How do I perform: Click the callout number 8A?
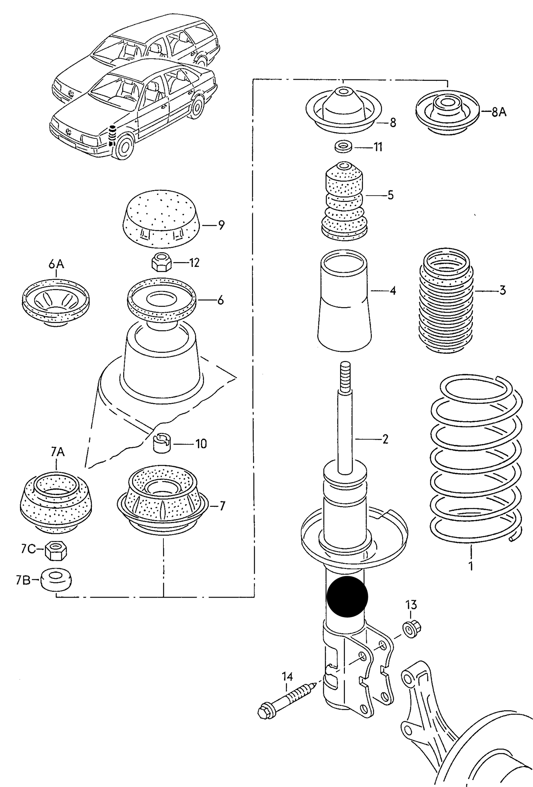click(499, 111)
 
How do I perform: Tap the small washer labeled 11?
click(343, 147)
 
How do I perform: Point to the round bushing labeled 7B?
click(56, 580)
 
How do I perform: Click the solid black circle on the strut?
click(347, 597)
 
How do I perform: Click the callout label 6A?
click(56, 264)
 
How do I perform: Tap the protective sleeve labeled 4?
click(345, 301)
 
